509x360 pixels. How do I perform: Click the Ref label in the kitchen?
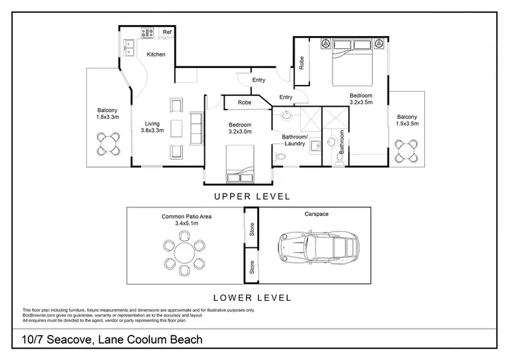coord(166,32)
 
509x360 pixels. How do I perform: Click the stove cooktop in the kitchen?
coord(148,32)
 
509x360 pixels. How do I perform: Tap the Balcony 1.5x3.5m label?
coord(407,120)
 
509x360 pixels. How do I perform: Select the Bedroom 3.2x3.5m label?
coord(360,100)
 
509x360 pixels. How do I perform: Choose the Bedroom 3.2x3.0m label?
coord(240,129)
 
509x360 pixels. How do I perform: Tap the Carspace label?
coord(316,214)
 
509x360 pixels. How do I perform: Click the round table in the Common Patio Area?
coord(184,253)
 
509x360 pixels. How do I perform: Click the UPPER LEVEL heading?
coord(252,196)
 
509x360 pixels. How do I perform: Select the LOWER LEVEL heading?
coord(252,298)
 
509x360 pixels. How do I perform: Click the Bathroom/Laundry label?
coord(295,140)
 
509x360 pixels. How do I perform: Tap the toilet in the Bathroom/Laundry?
coord(281,158)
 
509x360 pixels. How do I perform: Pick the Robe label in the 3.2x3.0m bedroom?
coord(244,103)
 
